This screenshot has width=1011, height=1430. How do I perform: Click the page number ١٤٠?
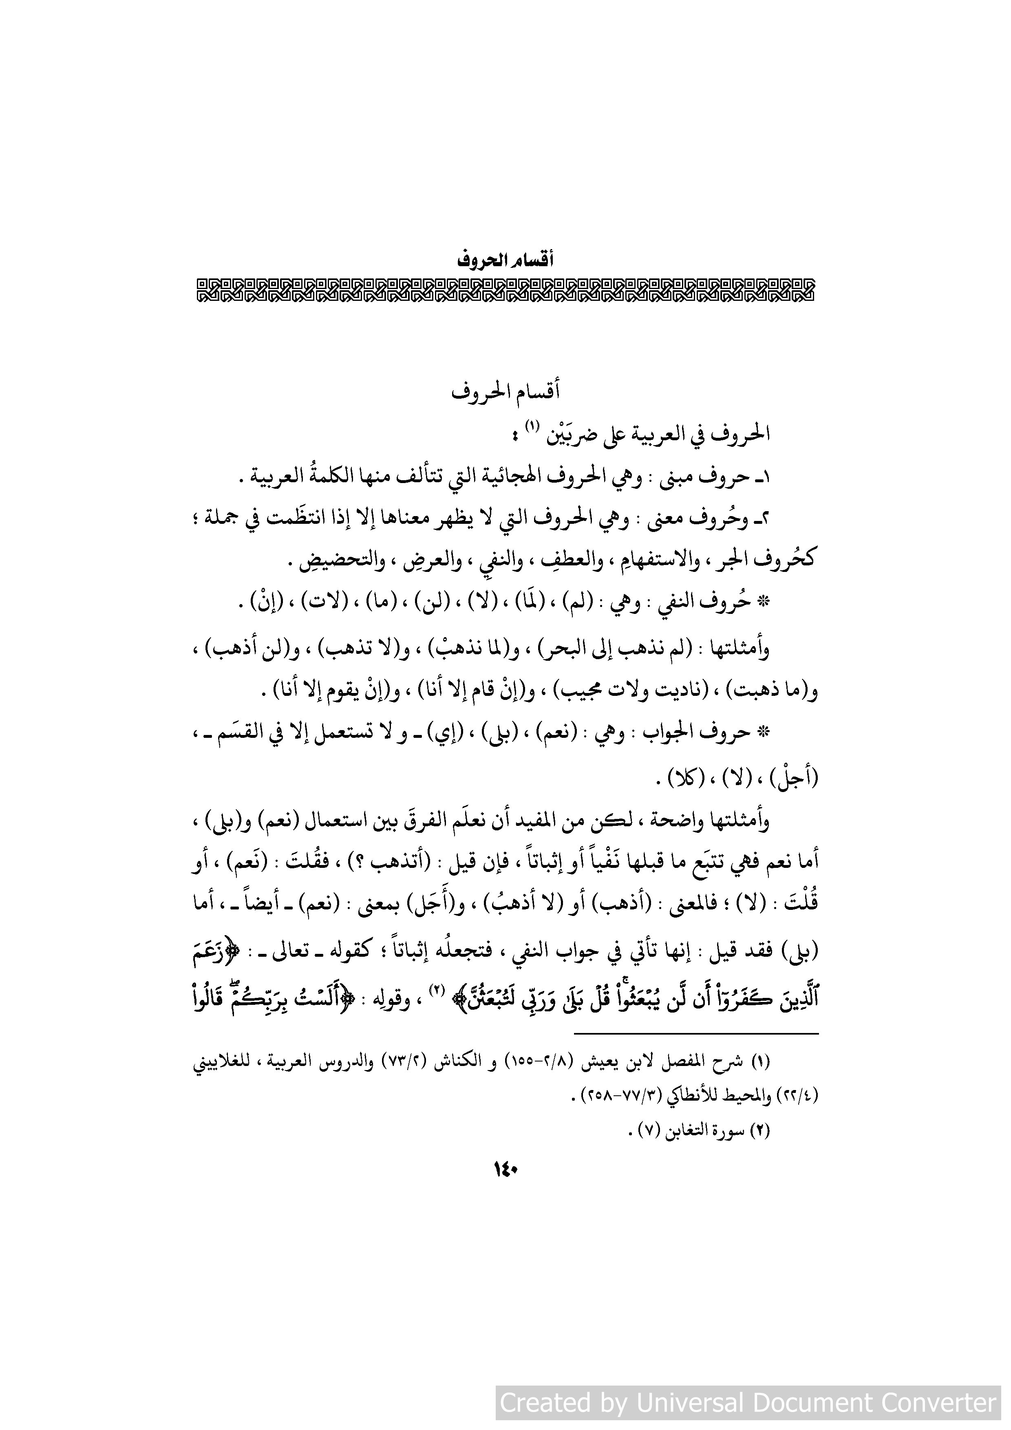pos(506,1170)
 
